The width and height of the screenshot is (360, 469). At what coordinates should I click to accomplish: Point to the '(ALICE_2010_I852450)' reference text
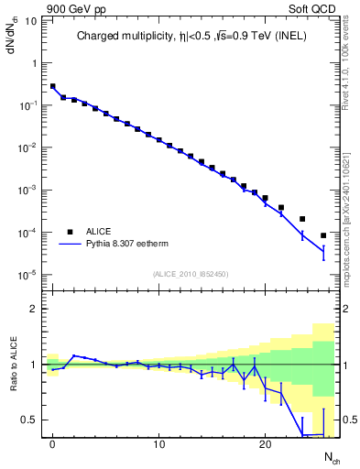tap(191, 274)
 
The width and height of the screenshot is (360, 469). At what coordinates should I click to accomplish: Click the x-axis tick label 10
tap(158, 444)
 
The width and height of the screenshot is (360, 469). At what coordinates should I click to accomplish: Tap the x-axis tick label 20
tap(265, 444)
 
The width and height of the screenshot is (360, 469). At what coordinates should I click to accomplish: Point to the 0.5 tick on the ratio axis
tap(31, 420)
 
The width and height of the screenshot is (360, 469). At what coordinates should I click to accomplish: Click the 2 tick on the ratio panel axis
tap(35, 309)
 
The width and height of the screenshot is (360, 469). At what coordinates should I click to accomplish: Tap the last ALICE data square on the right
tap(322, 235)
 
